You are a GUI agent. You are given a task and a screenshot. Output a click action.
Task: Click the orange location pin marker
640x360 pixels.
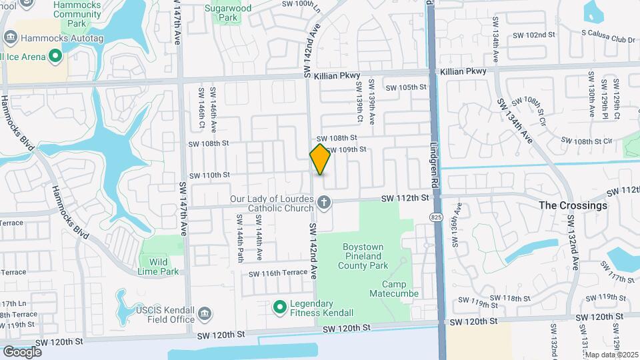coord(320,159)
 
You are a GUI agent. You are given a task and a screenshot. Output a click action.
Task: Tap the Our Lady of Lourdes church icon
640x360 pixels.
coord(324,202)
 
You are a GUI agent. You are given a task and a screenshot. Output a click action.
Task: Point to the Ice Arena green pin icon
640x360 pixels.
coord(56,57)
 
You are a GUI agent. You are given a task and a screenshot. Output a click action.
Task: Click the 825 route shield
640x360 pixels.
coord(435,218)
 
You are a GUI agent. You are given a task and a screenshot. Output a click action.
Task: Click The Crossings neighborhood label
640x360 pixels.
coord(573,205)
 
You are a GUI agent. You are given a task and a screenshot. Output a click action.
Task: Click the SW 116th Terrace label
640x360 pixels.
coord(278,273)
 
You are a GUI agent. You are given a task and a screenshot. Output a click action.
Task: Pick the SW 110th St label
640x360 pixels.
coord(209,175)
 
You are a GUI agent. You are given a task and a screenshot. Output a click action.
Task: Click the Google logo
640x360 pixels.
coord(22,351)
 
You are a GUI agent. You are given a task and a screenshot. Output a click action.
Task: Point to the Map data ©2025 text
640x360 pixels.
coord(611,355)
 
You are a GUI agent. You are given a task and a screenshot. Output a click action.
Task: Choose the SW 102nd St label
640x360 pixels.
coord(534,35)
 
